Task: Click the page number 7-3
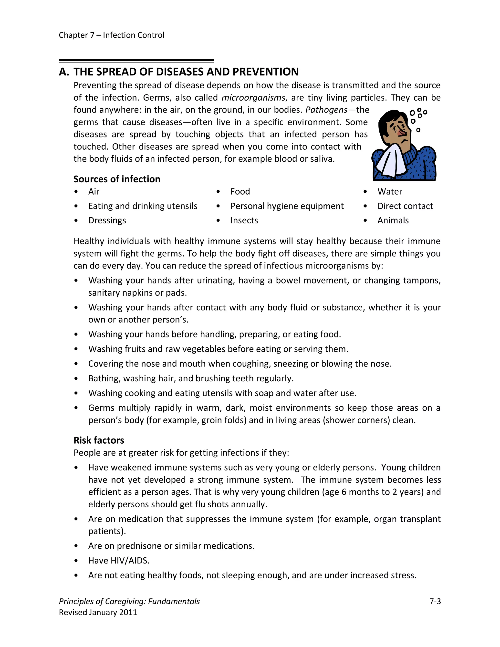[x=435, y=601]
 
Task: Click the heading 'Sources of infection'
[x=117, y=179]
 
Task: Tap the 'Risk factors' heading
[x=99, y=440]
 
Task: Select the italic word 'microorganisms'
[x=253, y=97]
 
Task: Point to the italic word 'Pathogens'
[x=326, y=110]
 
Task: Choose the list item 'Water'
[x=389, y=191]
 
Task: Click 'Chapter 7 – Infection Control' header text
[x=111, y=35]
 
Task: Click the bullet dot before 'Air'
[x=76, y=191]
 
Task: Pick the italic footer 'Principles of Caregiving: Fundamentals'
[x=129, y=601]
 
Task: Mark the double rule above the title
[x=136, y=61]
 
